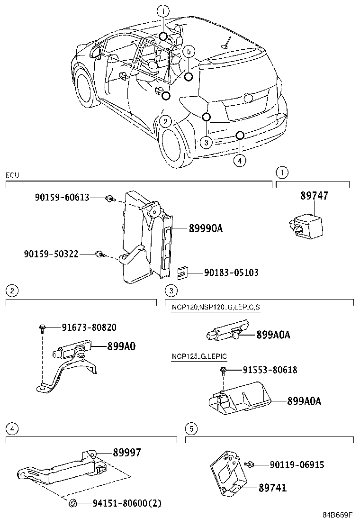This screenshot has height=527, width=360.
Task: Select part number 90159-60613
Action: pos(62,197)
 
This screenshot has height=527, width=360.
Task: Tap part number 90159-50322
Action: pos(51,254)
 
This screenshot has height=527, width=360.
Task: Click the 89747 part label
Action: pos(314,196)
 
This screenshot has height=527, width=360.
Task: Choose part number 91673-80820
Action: pos(89,327)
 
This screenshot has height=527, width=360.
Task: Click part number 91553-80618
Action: pos(270,370)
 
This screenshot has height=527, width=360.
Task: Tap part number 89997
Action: pos(126,453)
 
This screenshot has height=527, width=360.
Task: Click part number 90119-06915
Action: pos(297,465)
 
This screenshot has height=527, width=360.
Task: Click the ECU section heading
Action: pos(12,175)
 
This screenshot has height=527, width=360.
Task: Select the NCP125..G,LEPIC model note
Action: pos(199,356)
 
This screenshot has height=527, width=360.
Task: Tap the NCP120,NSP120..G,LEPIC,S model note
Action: pos(215,308)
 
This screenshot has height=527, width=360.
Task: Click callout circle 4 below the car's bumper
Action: pos(240,161)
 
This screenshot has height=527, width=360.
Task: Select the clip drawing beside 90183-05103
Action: pos(182,272)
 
